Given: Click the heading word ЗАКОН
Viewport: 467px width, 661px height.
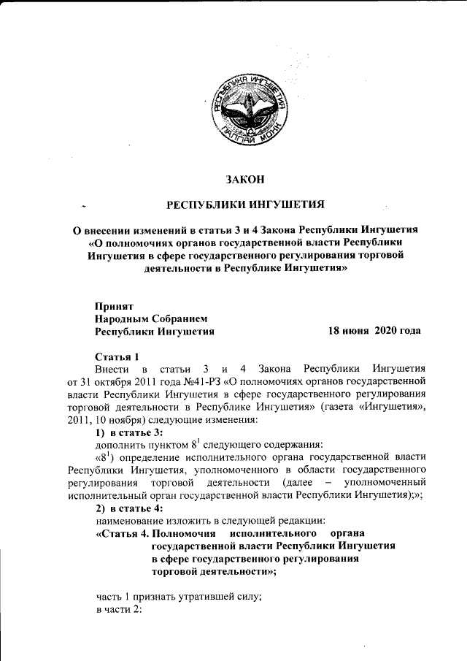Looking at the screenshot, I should (x=245, y=179).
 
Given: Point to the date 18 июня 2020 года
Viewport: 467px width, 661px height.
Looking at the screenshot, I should (x=374, y=331).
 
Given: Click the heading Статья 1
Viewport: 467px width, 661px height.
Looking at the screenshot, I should (x=117, y=356).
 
